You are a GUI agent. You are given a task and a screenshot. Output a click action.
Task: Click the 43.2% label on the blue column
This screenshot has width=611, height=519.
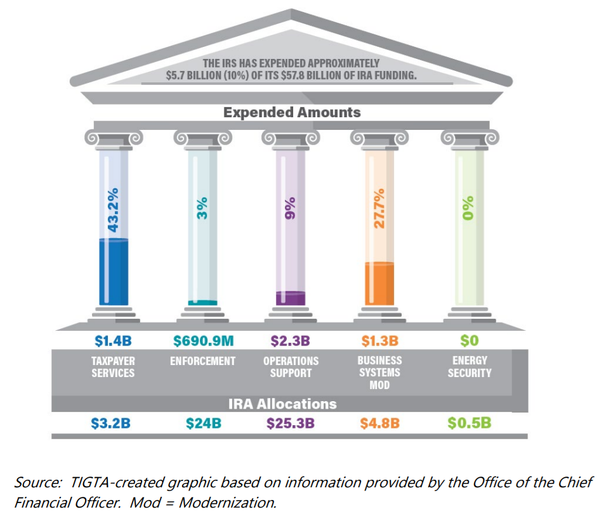[x=114, y=209]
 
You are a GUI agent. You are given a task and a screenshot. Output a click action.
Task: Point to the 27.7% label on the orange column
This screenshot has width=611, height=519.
[x=379, y=209]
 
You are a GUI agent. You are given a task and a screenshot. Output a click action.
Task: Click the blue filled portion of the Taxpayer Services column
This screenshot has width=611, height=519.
[x=114, y=272]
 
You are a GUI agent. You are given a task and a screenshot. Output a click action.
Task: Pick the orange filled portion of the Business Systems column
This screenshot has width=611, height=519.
[x=379, y=284]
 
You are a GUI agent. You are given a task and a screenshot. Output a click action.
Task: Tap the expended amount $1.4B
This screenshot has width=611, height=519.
[x=113, y=342]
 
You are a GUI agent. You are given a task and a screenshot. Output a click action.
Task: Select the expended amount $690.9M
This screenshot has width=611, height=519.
[x=203, y=342]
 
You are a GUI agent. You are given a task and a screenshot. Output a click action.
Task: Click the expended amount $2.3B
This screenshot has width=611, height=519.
[x=291, y=342]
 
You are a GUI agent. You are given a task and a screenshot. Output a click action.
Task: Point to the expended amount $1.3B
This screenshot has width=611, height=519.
[x=380, y=342]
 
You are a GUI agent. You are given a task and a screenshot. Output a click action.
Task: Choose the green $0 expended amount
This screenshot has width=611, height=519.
[x=469, y=342]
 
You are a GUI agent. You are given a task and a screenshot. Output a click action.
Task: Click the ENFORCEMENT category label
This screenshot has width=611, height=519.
[x=203, y=361]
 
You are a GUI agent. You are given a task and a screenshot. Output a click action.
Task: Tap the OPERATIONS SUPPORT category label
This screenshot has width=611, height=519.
[x=291, y=367]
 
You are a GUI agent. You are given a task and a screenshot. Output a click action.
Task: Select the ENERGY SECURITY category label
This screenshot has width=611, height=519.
[x=470, y=367]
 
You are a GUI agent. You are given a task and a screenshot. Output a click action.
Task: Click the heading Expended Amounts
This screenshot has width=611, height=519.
[x=292, y=113]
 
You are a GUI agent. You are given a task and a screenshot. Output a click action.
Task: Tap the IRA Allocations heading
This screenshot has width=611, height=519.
[x=283, y=404]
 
